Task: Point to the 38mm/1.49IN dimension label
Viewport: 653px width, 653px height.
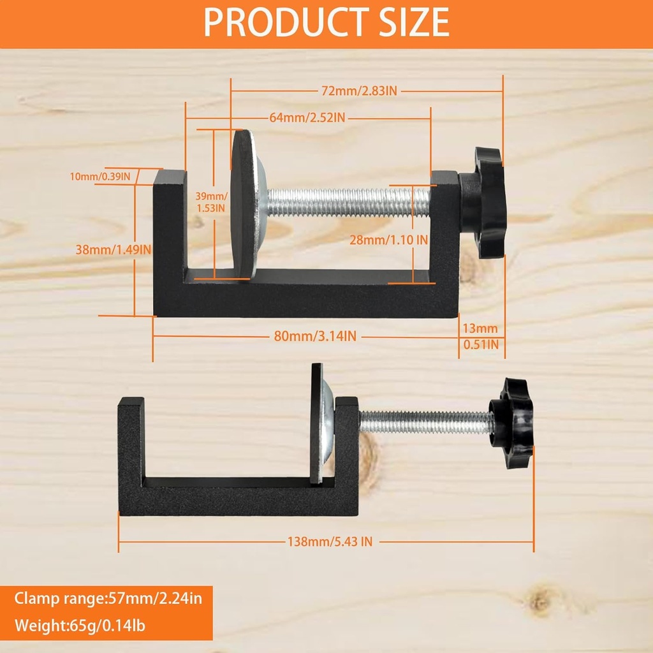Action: pyautogui.click(x=114, y=250)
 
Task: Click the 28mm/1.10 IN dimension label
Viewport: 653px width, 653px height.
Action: pyautogui.click(x=389, y=240)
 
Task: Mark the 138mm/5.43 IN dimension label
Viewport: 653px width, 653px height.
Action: pyautogui.click(x=330, y=542)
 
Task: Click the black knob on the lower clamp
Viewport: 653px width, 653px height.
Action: pyautogui.click(x=511, y=423)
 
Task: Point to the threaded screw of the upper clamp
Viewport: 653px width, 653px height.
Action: pyautogui.click(x=348, y=202)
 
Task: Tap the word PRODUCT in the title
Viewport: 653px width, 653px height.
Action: pyautogui.click(x=281, y=24)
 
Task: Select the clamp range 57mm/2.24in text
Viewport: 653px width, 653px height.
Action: pyautogui.click(x=108, y=599)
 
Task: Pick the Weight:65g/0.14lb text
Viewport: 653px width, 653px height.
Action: pyautogui.click(x=80, y=626)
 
